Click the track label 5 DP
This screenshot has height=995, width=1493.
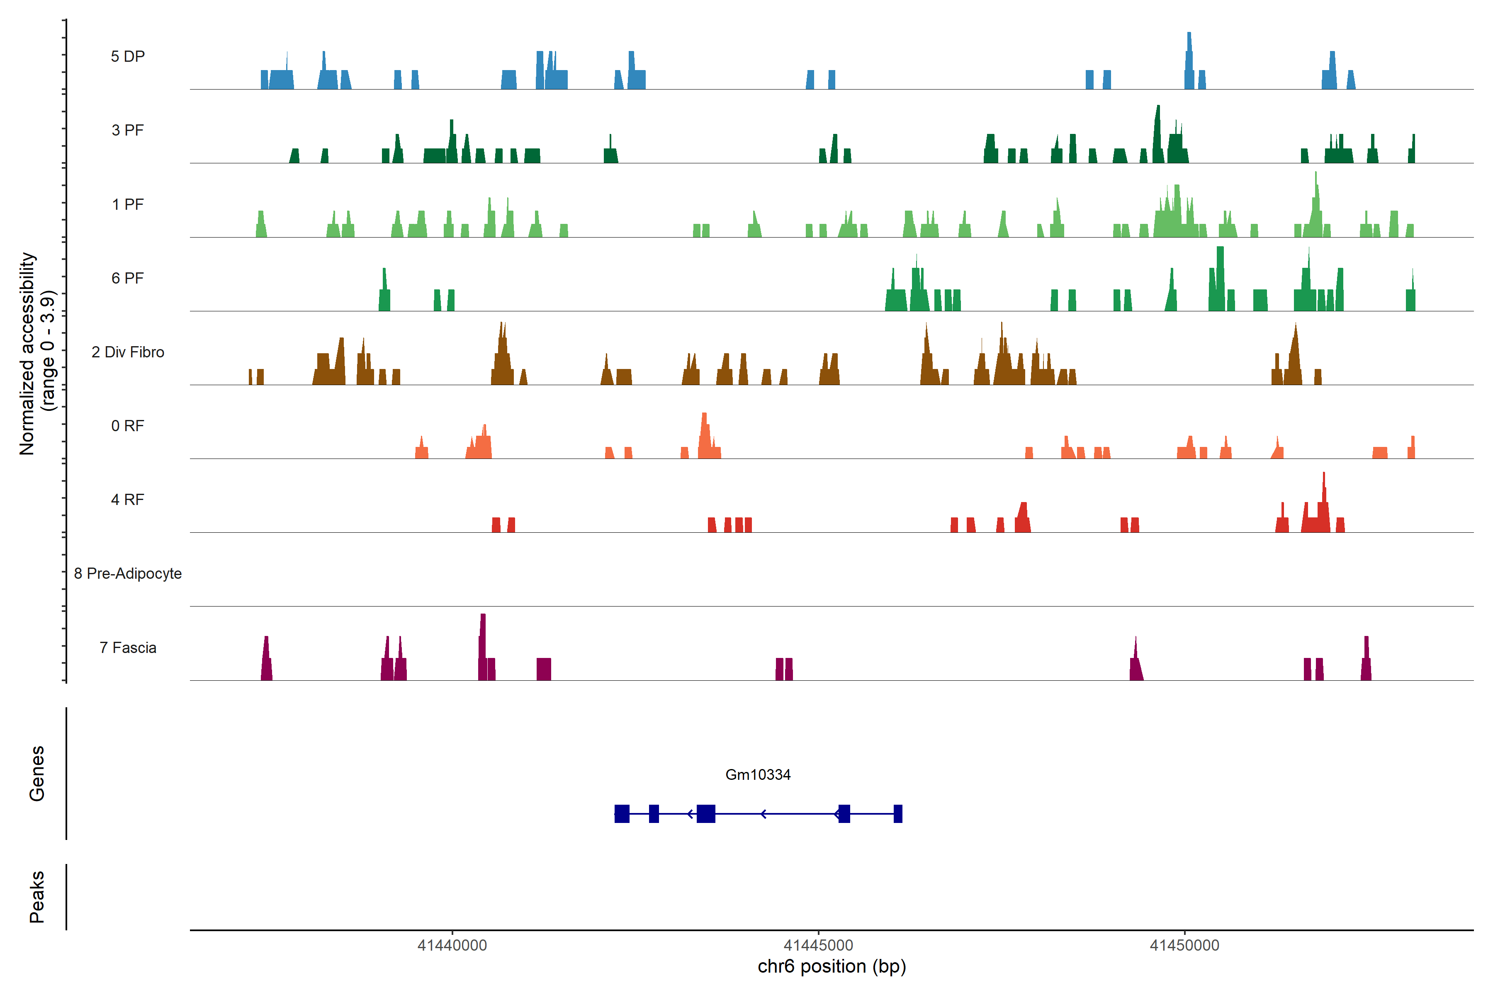128,56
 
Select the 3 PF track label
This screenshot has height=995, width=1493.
128,130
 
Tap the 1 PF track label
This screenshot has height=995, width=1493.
128,204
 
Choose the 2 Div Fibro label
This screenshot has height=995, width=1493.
128,352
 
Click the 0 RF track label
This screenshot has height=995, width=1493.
128,426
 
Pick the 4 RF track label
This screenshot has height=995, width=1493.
128,500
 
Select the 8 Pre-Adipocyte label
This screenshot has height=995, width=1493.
128,574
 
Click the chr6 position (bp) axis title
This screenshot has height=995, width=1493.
832,966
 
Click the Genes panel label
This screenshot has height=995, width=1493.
37,774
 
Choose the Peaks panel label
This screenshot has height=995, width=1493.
37,897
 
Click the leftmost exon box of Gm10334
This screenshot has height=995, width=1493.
621,813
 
